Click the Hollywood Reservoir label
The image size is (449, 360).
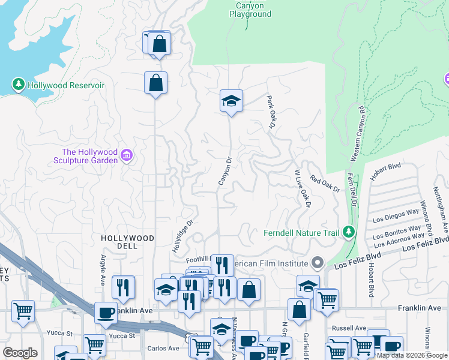pos(66,85)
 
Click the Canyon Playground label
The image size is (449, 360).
pos(250,10)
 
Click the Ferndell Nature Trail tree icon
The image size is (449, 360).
pos(348,232)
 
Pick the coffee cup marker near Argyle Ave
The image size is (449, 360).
pos(106,312)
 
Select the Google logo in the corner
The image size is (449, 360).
pos(19,353)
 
